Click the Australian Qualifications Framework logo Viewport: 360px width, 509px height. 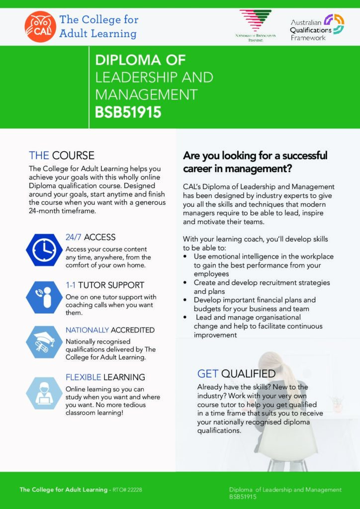pos(317,27)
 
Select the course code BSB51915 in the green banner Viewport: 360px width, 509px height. pos(128,112)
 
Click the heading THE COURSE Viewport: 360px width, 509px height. pos(61,156)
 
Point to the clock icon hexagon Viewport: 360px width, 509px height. pos(44,250)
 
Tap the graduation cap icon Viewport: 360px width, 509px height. pos(44,342)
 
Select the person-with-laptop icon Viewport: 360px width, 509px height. pos(44,393)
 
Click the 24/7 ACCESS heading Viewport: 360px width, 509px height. pos(90,237)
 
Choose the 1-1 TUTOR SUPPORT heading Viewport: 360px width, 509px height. pos(105,285)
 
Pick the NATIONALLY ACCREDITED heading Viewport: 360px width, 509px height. pos(110,330)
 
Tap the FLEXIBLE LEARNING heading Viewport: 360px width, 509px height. pos(105,377)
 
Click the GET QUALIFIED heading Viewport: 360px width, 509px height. pos(236,373)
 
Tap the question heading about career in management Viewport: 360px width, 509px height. pos(255,162)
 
